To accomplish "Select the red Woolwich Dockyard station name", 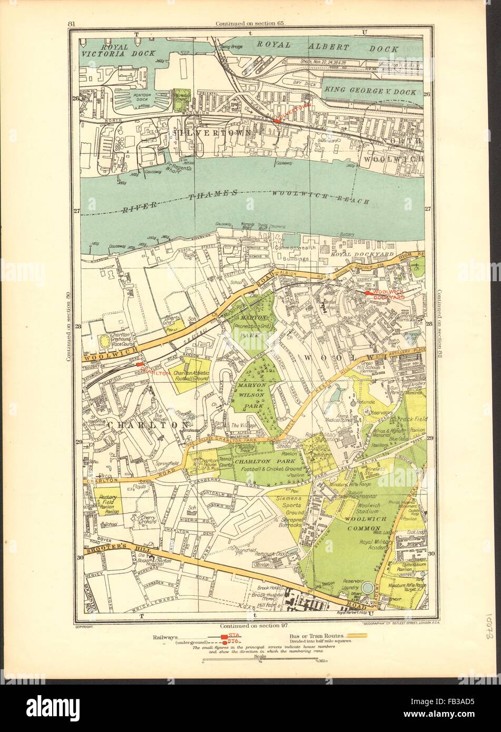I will click(388, 295).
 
